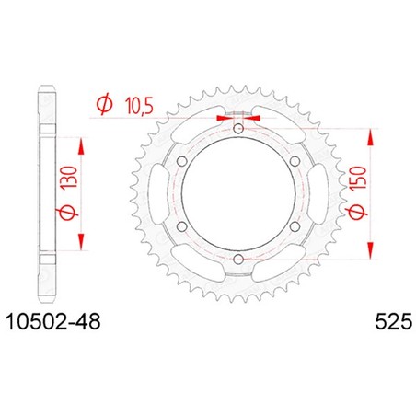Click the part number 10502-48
click(53, 322)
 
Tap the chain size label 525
click(394, 322)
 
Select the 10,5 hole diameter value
click(139, 107)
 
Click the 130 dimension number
click(69, 177)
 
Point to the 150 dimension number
click(358, 178)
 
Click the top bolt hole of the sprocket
click(238, 129)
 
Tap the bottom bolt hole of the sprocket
click(238, 260)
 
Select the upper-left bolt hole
click(182, 161)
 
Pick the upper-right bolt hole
click(295, 161)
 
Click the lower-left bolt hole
click(182, 226)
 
